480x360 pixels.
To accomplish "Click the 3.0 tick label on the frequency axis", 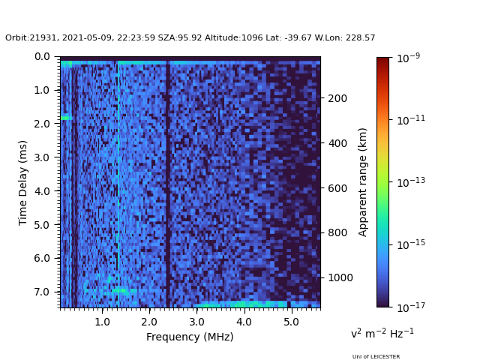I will pos(196,322).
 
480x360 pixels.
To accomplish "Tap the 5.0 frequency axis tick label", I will pos(290,322).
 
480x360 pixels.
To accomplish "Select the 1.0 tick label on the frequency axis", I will pos(102,322).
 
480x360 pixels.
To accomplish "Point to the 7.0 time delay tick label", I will pos(43,292).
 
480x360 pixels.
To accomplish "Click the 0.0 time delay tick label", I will pos(43,56).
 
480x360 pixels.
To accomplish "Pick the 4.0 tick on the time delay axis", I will pos(43,191).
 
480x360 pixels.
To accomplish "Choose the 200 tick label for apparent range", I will pos(337,98).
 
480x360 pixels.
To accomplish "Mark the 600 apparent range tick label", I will pos(337,188).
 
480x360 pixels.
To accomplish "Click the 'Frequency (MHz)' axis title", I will pos(190,337).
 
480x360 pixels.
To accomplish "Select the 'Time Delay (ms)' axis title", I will pos(23,182).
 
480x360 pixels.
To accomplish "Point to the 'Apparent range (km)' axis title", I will pos(363,181).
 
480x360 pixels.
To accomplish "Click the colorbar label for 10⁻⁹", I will pos(408,58).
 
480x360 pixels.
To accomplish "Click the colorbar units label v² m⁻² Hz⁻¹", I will pos(382,333).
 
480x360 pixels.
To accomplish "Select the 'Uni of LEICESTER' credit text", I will pos(376,356).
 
